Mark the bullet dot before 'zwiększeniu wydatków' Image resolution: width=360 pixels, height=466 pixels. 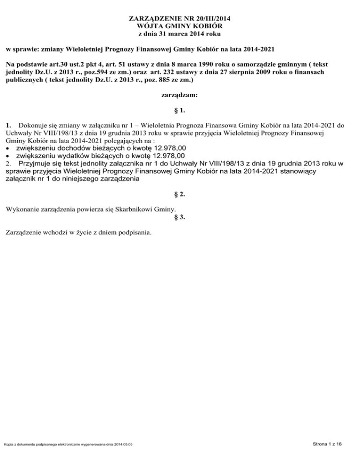pyautogui.click(x=8, y=156)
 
